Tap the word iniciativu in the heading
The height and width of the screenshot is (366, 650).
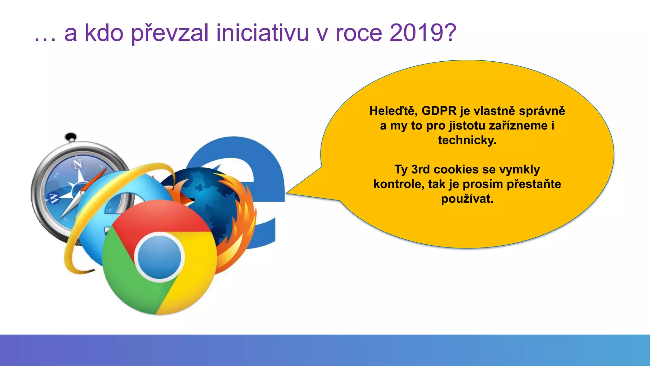pos(262,33)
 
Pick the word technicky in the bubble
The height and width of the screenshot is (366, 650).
pos(467,140)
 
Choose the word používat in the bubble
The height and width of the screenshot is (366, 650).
pos(467,199)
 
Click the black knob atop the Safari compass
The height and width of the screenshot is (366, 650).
pos(71,137)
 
